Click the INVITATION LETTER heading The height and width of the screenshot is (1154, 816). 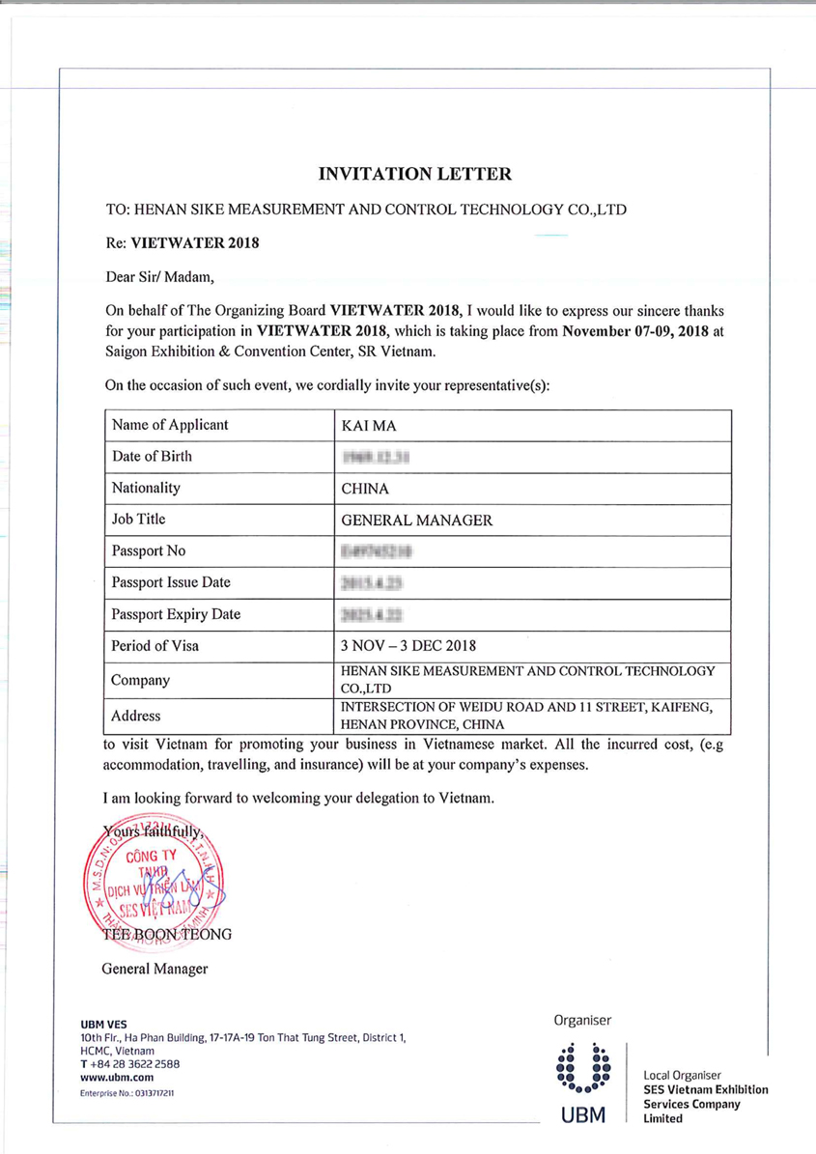pos(414,175)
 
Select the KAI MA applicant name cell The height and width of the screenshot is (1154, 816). pos(363,426)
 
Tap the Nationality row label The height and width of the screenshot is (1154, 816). pos(146,488)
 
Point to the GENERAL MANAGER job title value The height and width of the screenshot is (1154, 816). pos(417,521)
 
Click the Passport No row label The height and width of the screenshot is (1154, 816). pos(149,551)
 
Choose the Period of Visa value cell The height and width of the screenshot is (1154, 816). pos(408,646)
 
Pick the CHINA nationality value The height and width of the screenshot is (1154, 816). pos(365,489)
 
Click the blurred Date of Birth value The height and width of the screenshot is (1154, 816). pos(371,458)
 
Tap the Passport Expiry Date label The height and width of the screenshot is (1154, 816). pos(176,614)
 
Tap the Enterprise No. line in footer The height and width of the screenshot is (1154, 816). pos(127,1092)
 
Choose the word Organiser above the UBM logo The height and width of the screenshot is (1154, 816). pos(582,1020)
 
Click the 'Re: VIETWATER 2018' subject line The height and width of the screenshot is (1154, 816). pos(183,243)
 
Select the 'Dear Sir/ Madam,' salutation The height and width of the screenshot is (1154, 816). pos(160,278)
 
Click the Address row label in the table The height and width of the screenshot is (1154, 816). pos(135,717)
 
